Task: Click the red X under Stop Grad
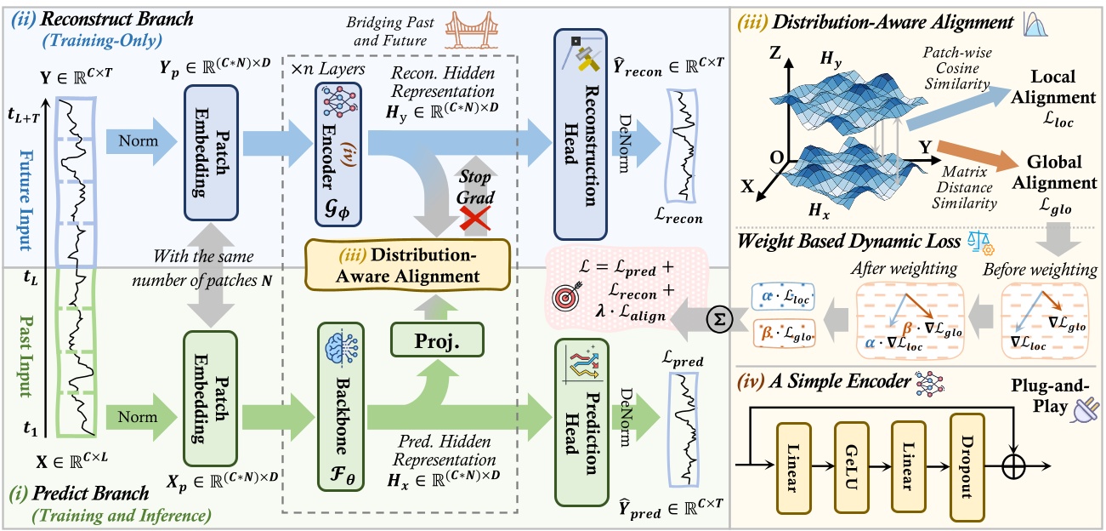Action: click(474, 220)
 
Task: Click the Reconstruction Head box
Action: click(581, 134)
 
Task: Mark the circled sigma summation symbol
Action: click(718, 321)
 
